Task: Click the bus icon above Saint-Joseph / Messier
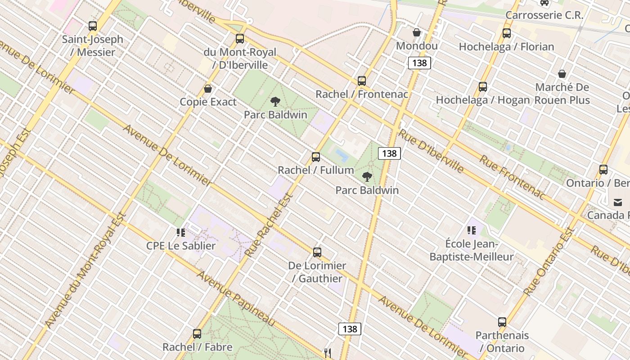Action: pyautogui.click(x=93, y=26)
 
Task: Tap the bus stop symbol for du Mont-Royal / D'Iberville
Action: pyautogui.click(x=240, y=39)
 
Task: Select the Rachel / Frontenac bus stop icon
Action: pyautogui.click(x=362, y=81)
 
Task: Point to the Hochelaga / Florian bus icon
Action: pyautogui.click(x=507, y=33)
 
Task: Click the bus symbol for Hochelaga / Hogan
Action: pyautogui.click(x=483, y=87)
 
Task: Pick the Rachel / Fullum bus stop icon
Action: pyautogui.click(x=316, y=157)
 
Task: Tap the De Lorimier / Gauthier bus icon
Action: pyautogui.click(x=317, y=252)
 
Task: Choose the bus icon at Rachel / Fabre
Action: pyautogui.click(x=197, y=334)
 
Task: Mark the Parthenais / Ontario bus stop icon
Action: pyautogui.click(x=502, y=322)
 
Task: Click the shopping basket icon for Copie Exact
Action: pyautogui.click(x=208, y=89)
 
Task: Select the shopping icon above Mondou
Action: pyautogui.click(x=417, y=33)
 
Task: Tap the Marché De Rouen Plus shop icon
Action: pyautogui.click(x=562, y=74)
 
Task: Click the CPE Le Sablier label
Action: pyautogui.click(x=181, y=246)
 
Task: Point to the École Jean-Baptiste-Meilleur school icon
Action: pyautogui.click(x=472, y=231)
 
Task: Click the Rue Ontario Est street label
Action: pyautogui.click(x=550, y=261)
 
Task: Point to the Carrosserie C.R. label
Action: pyautogui.click(x=544, y=15)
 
